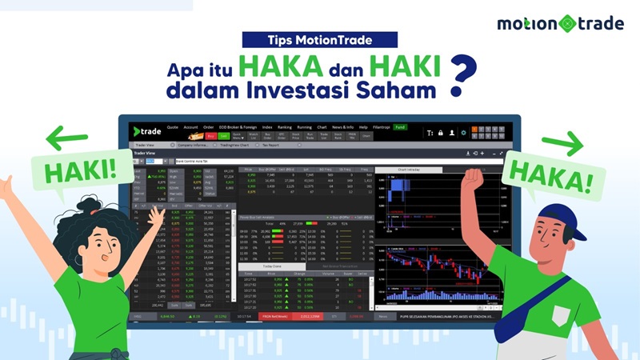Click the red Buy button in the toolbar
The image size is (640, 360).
pyautogui.click(x=210, y=136)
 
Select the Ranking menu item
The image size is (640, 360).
pyautogui.click(x=285, y=127)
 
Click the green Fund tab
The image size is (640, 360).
pyautogui.click(x=399, y=127)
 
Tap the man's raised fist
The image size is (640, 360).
pyautogui.click(x=473, y=178)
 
